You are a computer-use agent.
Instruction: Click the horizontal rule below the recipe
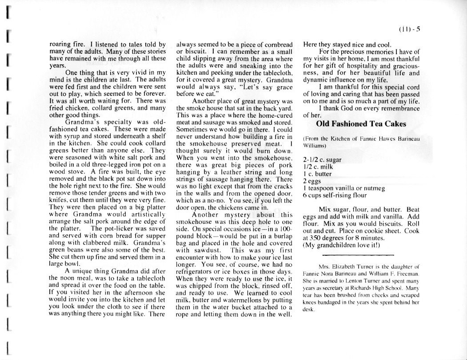pyautogui.click(x=351, y=257)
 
